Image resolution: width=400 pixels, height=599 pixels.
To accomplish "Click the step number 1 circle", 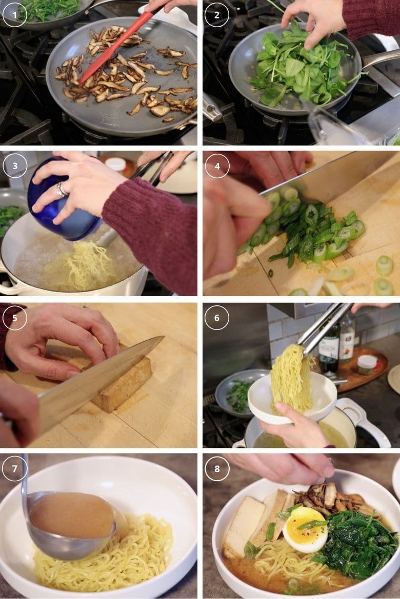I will pyautogui.click(x=15, y=14).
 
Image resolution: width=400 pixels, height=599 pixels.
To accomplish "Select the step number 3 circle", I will pyautogui.click(x=15, y=166).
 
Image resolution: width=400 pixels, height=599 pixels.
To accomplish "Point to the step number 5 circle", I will pyautogui.click(x=15, y=317).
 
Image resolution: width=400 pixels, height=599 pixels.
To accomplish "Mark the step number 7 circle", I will pyautogui.click(x=15, y=468).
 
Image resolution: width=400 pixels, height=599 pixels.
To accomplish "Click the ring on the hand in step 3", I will pyautogui.click(x=61, y=190).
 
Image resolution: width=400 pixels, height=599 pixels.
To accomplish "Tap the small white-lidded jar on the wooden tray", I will pyautogui.click(x=367, y=363).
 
